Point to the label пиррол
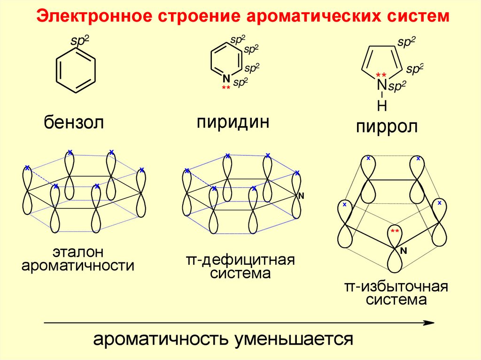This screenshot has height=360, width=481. pyautogui.click(x=386, y=127)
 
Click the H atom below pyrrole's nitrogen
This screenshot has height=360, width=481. pyautogui.click(x=382, y=106)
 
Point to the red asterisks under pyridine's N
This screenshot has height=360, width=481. pyautogui.click(x=225, y=88)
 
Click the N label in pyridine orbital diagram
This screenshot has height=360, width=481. pyautogui.click(x=301, y=196)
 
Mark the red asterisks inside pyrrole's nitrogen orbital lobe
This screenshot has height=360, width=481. pyautogui.click(x=395, y=231)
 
